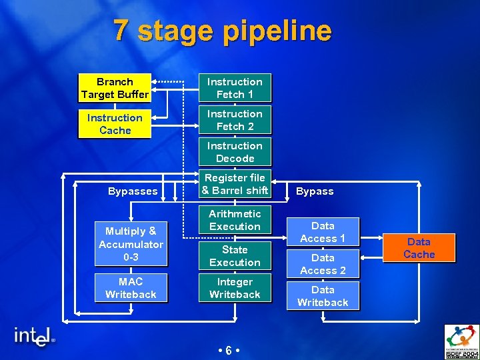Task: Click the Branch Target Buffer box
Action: (x=115, y=88)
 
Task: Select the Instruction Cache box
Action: (x=115, y=124)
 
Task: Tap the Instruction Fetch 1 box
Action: (x=235, y=88)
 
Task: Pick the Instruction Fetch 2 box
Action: (x=235, y=120)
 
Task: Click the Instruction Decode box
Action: (x=235, y=152)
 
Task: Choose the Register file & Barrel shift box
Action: (x=235, y=184)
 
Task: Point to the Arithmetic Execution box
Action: (x=235, y=220)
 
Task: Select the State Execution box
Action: (x=235, y=256)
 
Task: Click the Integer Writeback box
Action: (x=235, y=288)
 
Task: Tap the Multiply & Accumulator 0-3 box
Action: (x=131, y=244)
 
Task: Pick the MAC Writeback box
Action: (x=131, y=288)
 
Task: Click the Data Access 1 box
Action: (x=323, y=232)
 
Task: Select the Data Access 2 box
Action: (x=323, y=264)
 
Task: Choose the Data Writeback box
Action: (x=323, y=296)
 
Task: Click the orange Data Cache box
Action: (x=419, y=248)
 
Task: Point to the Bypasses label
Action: (x=133, y=191)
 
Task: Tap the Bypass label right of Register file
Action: (x=315, y=191)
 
